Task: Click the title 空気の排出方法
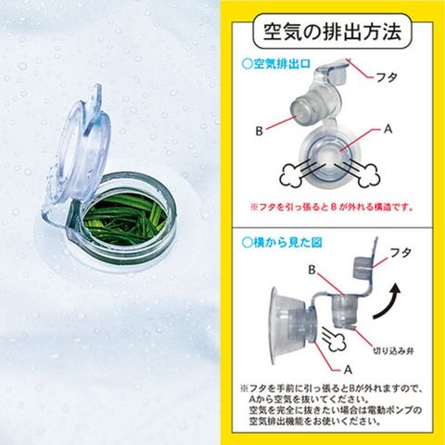point(332,32)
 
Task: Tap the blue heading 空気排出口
point(276,64)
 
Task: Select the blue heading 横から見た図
point(282,243)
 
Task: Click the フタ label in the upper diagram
point(387,78)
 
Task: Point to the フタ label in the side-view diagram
point(400,253)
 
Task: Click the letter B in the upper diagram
point(259,131)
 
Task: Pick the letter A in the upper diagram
point(388,129)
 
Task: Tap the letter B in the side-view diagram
point(311,270)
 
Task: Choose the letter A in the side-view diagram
point(348,369)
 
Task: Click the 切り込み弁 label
point(393,351)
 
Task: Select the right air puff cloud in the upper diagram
point(370,176)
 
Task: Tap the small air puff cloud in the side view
point(337,344)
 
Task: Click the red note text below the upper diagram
point(332,207)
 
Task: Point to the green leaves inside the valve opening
point(123,219)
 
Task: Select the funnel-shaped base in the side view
point(282,324)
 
